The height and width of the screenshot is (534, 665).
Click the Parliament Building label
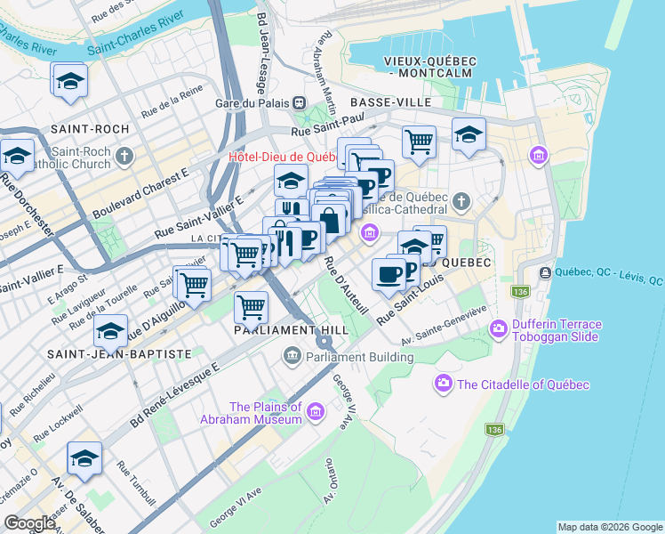[x=359, y=358]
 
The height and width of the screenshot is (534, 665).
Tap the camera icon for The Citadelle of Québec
[x=443, y=384]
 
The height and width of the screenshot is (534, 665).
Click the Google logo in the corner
[x=30, y=523]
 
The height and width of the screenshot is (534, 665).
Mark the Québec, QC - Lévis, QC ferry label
[x=608, y=273]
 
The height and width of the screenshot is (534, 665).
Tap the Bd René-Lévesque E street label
[x=174, y=392]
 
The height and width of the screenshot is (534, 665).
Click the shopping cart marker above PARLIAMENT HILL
[x=252, y=308]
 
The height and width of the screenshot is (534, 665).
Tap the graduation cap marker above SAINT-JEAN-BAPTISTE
[x=111, y=332]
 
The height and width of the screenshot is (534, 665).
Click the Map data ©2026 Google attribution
[x=610, y=527]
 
